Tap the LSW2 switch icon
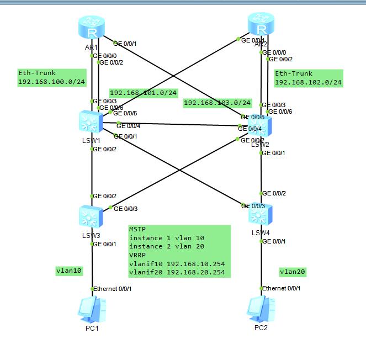click(260, 129)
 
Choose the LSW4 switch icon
click(261, 215)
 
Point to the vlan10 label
click(69, 271)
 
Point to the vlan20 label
click(293, 272)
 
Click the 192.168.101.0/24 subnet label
click(144, 93)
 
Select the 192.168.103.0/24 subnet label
click(217, 103)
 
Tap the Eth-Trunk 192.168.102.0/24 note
click(308, 78)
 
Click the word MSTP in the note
click(138, 229)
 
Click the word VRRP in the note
click(138, 256)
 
